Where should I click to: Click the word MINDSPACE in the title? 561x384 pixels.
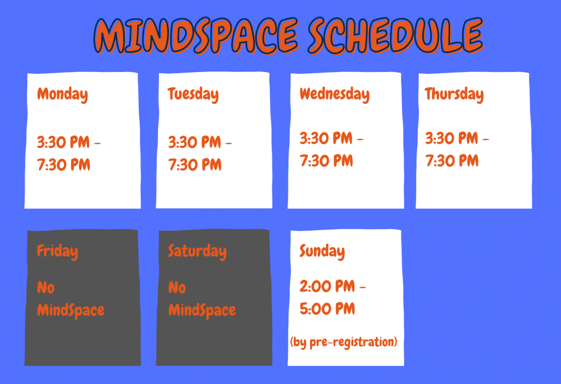[x=196, y=35]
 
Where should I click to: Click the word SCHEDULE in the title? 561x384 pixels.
[x=395, y=35]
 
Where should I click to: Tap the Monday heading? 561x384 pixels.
[x=62, y=94]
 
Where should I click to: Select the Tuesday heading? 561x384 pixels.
[x=193, y=94]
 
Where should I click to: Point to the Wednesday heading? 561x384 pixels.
[x=334, y=94]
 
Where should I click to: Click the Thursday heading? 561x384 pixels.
[x=454, y=94]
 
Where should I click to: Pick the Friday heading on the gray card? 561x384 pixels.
[x=57, y=251]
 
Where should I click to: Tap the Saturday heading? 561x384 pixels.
[x=197, y=251]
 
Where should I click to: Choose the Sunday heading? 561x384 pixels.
[x=322, y=251]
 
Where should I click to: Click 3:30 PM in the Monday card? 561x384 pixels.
[x=63, y=142]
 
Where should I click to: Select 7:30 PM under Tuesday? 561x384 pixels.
[x=195, y=165]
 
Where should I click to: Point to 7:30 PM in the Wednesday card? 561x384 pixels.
[x=326, y=161]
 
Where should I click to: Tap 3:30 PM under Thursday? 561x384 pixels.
[x=451, y=139]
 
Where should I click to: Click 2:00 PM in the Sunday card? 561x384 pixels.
[x=327, y=286]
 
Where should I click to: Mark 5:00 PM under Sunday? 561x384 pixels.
[x=327, y=309]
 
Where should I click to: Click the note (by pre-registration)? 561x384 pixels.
[x=343, y=342]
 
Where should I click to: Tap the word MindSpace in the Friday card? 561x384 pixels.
[x=70, y=310]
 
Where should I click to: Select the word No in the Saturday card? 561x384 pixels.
[x=177, y=288]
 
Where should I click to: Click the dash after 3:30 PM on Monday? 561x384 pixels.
[x=98, y=144]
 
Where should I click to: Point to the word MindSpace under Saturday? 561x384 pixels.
[x=202, y=310]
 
